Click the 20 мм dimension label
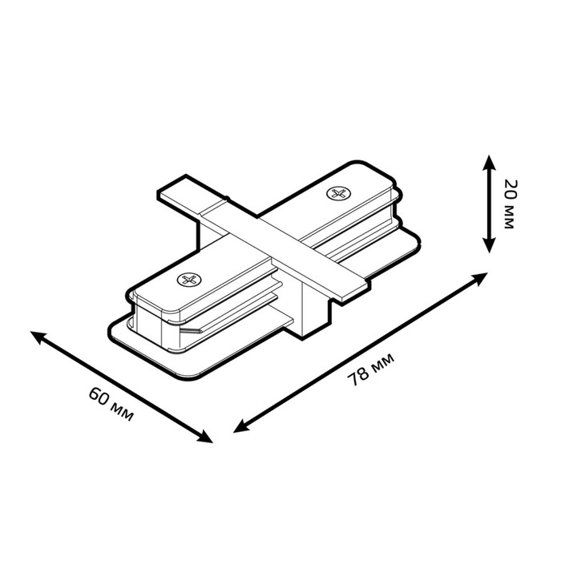pyautogui.click(x=509, y=204)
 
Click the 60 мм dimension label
pyautogui.click(x=111, y=404)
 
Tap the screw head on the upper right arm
pyautogui.click(x=338, y=194)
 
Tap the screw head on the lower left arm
pyautogui.click(x=189, y=279)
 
